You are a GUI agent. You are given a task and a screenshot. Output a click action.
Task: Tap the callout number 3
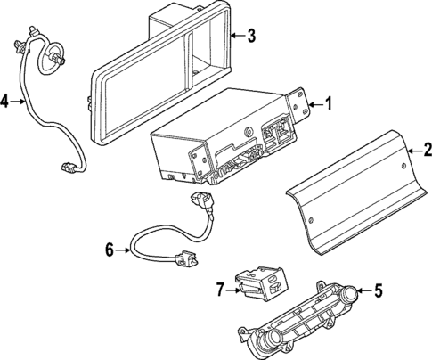[x=251, y=37]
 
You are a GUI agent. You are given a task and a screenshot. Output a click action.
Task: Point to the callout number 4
[x=5, y=102]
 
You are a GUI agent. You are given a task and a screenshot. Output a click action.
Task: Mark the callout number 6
[x=110, y=250]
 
